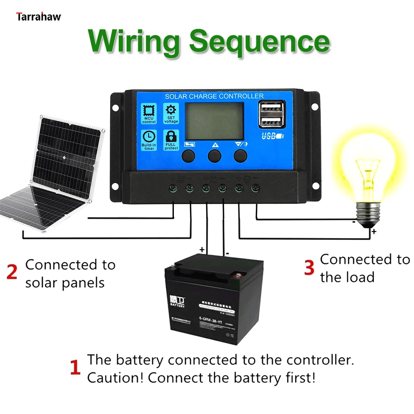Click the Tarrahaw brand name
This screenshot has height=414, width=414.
tap(39, 17)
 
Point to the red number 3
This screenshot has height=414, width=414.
tap(309, 267)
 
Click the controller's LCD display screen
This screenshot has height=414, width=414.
tap(214, 120)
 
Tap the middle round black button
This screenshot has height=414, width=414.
tap(214, 156)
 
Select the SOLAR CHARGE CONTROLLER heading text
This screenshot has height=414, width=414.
tap(214, 96)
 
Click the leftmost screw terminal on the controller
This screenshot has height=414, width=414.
tap(173, 189)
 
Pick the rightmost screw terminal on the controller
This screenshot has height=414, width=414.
tap(255, 189)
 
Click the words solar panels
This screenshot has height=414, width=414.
tap(65, 283)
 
